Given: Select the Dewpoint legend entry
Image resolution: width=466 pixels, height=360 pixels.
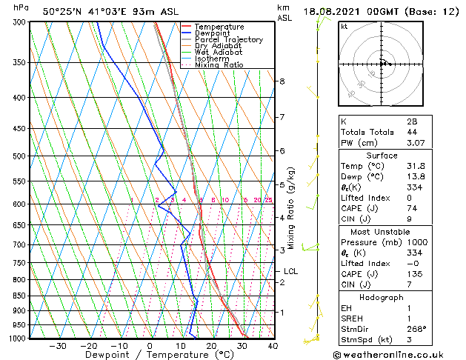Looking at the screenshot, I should [x=213, y=33].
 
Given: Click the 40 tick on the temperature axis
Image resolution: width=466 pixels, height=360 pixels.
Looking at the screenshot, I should [x=273, y=345].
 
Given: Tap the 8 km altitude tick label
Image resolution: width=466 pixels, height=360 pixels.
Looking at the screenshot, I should [x=282, y=81].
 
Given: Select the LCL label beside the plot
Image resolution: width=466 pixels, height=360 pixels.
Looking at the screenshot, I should [x=290, y=271].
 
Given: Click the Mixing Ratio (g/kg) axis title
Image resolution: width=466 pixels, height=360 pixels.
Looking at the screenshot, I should [x=291, y=208].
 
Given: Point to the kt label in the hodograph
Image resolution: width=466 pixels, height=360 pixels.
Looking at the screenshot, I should [x=344, y=27].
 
